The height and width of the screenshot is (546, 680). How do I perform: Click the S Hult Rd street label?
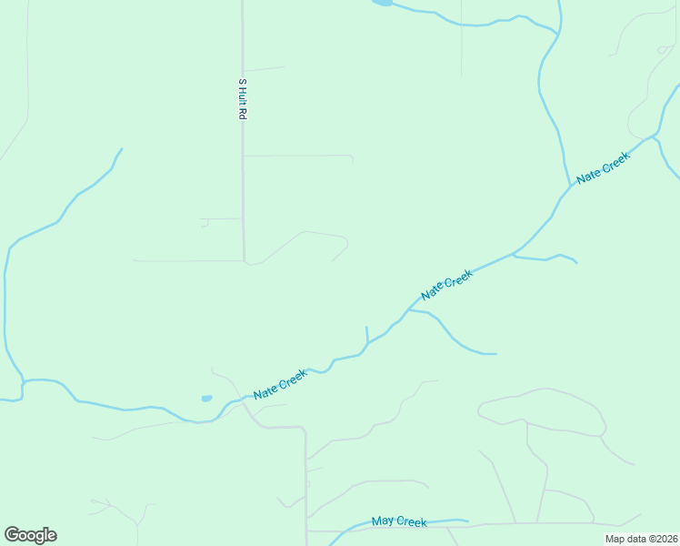click(243, 100)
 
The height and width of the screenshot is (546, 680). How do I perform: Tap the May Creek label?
click(399, 521)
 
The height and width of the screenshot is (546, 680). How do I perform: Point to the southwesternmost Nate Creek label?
click(280, 386)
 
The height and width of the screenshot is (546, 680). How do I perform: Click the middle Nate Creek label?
click(446, 286)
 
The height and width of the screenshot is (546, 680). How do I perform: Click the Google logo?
click(30, 534)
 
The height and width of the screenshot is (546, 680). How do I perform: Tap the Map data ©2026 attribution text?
click(641, 539)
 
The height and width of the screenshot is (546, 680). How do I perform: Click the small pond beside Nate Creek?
click(206, 398)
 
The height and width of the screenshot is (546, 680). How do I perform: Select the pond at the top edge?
click(382, 3)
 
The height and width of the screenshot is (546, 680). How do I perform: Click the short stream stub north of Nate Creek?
click(366, 334)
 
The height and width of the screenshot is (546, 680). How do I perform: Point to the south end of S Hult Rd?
click(244, 258)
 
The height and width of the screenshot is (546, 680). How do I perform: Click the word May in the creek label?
click(384, 521)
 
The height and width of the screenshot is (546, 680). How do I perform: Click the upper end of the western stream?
click(121, 149)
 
